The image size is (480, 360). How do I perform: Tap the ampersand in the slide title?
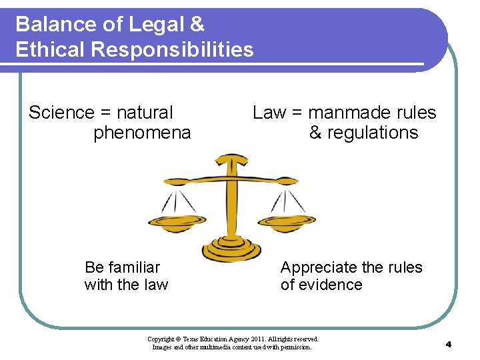point(197,25)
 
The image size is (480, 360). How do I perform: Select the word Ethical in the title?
point(48,50)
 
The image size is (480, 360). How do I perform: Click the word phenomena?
point(142,133)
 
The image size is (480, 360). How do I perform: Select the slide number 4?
point(449,344)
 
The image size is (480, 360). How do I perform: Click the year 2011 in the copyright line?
point(245,339)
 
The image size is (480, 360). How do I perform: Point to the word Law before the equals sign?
point(269,113)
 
